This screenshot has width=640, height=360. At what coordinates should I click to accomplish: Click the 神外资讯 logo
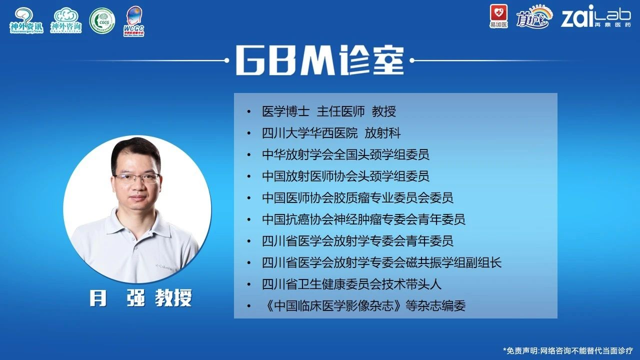26,20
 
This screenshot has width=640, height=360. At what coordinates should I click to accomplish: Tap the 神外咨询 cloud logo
66,20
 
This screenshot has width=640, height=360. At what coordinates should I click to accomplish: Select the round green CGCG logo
102,21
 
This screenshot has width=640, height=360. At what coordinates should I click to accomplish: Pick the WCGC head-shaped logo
134,21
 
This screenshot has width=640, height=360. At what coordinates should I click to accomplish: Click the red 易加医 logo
499,16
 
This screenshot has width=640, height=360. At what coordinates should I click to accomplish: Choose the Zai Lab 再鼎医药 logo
595,16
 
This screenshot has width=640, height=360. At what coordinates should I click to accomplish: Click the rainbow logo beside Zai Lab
534,16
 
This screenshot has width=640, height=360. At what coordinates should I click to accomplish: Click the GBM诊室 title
319,60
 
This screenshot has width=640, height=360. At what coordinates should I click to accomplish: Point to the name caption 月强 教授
140,298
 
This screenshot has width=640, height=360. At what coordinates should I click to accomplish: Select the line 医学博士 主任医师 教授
329,111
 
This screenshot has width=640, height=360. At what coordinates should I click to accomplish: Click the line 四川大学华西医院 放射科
331,133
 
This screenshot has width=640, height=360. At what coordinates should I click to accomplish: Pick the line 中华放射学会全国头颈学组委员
345,154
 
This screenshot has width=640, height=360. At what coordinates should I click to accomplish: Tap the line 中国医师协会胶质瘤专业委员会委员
357,197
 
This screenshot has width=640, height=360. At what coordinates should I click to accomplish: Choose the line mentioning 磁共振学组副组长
381,262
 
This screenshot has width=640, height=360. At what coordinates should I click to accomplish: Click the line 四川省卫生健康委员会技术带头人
351,284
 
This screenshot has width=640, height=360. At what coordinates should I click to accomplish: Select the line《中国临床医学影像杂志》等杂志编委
363,305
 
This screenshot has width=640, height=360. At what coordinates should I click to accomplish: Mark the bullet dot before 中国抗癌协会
249,220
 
